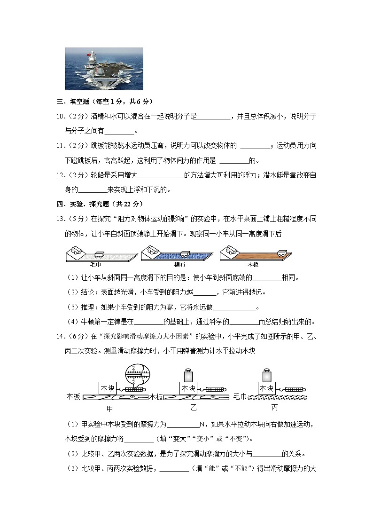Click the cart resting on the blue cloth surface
tap(183, 254)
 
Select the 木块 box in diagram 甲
tap(107, 388)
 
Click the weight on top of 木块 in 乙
tap(188, 375)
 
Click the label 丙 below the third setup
tap(274, 407)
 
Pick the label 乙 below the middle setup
tap(194, 407)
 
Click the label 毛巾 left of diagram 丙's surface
tap(240, 397)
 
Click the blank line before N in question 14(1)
tap(183, 425)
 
